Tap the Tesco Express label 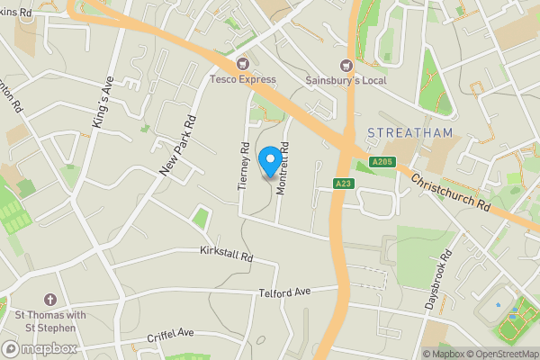pyautogui.click(x=243, y=79)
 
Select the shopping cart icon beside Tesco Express pyautogui.click(x=242, y=64)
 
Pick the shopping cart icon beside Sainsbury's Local pyautogui.click(x=345, y=65)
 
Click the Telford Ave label pyautogui.click(x=284, y=292)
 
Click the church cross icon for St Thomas pyautogui.click(x=50, y=300)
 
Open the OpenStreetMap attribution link pyautogui.click(x=502, y=354)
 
